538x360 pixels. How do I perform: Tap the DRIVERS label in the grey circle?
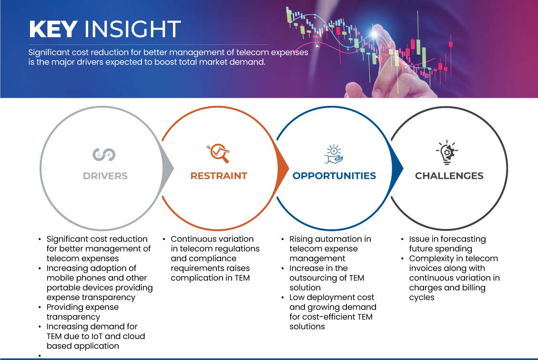tap(105, 176)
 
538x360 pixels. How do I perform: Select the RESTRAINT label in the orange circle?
tap(219, 176)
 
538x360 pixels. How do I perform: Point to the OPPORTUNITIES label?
tap(334, 176)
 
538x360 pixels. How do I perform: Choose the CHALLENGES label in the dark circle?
tap(449, 176)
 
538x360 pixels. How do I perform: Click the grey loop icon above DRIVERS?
tap(104, 154)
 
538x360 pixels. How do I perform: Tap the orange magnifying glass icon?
tap(218, 153)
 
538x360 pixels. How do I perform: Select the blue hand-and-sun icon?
tap(334, 154)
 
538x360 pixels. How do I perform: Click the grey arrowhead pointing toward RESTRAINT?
tap(168, 168)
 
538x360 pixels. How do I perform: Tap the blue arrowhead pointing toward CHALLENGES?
tap(397, 168)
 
